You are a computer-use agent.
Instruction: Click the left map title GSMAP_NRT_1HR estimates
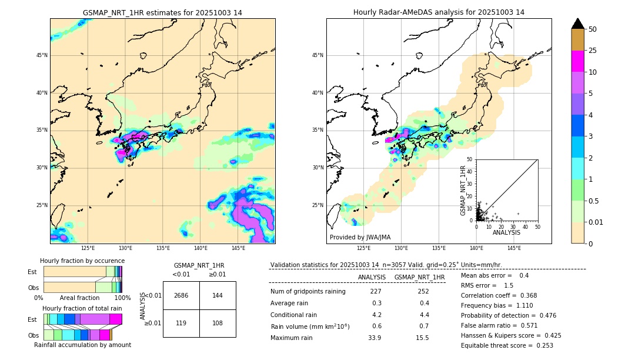[162, 12]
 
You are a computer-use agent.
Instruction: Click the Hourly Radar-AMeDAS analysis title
[439, 12]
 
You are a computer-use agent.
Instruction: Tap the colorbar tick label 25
[593, 51]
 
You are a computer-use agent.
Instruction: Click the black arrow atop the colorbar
[578, 24]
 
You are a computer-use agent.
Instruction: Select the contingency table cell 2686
[181, 295]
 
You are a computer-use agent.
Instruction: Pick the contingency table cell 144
[218, 295]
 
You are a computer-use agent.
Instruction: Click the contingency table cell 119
[181, 323]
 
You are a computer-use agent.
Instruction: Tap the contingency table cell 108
[218, 323]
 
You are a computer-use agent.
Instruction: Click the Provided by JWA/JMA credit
[360, 237]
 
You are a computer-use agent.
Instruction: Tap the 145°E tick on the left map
[238, 248]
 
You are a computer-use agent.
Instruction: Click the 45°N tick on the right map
[317, 55]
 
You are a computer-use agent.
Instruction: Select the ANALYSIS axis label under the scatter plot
[506, 232]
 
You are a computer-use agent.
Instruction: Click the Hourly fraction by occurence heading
[82, 261]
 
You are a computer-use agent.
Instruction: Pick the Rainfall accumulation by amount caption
[82, 345]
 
